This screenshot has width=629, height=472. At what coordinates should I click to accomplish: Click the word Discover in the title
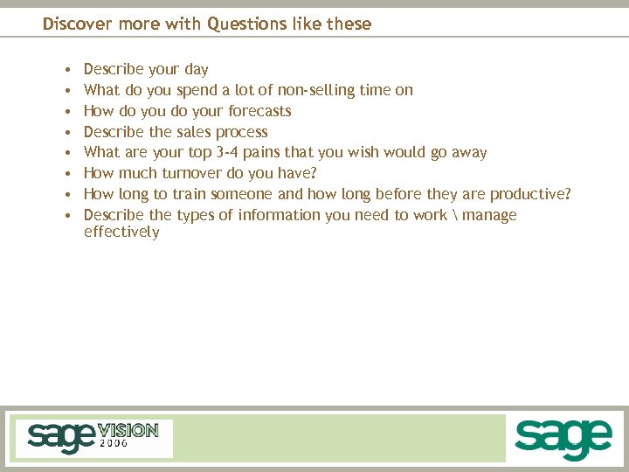(x=74, y=24)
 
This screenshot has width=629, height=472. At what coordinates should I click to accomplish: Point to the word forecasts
(x=259, y=111)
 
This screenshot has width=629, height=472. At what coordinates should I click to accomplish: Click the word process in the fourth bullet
(x=242, y=132)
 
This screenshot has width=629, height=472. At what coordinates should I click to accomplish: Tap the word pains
(x=263, y=153)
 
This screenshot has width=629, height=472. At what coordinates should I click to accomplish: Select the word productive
(x=529, y=194)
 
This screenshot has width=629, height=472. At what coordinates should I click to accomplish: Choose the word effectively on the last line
(x=121, y=233)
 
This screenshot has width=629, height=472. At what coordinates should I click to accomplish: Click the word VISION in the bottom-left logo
(x=128, y=430)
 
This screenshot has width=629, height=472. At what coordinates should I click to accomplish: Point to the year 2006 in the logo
(x=114, y=443)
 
